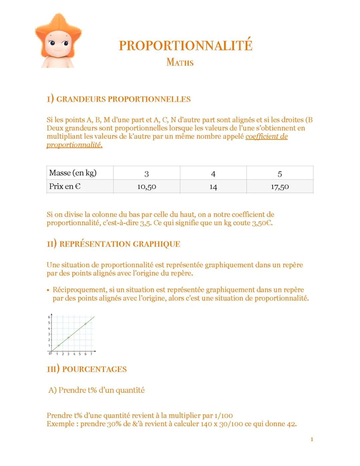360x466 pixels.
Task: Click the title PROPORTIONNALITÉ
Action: (x=185, y=46)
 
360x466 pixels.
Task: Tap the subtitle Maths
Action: (x=180, y=62)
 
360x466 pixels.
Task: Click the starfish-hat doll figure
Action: (x=58, y=41)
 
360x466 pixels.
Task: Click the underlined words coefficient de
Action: (x=266, y=136)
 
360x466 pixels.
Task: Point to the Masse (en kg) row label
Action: (x=73, y=173)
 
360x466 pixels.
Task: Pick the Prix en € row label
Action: (x=65, y=186)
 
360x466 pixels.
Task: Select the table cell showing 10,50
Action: (x=147, y=187)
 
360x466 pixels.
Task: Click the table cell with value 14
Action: (x=213, y=187)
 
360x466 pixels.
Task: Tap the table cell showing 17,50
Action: (x=280, y=187)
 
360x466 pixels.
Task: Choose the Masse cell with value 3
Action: (x=146, y=173)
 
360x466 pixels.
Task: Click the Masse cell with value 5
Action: (x=280, y=173)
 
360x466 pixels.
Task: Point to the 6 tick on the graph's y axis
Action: (x=49, y=317)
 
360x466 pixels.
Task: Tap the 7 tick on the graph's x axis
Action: (x=91, y=354)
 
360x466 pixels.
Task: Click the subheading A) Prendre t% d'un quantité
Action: (x=96, y=390)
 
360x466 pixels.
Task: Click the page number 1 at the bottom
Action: (x=312, y=439)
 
